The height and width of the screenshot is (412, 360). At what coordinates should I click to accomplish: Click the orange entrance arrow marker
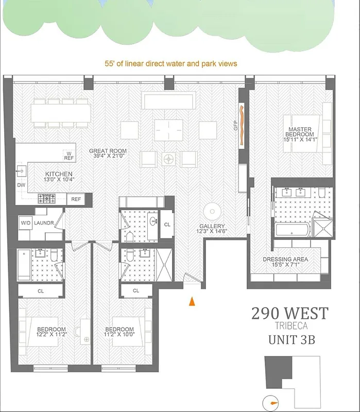click(192, 302)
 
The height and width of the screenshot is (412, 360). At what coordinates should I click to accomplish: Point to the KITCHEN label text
click(59, 177)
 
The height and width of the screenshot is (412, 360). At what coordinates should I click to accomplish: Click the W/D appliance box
click(25, 223)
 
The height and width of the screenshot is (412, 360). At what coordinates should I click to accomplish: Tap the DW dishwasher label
click(21, 185)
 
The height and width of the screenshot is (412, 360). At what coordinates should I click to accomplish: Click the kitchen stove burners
click(47, 197)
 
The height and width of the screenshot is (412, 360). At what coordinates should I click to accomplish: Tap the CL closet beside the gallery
click(167, 225)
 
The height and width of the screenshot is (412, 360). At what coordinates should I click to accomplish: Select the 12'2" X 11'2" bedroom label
click(51, 333)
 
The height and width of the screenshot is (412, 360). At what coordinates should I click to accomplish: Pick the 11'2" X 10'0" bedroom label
click(119, 333)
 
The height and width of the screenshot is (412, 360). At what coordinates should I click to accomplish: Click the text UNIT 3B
click(290, 340)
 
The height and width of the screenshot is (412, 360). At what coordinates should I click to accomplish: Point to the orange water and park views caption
click(170, 64)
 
